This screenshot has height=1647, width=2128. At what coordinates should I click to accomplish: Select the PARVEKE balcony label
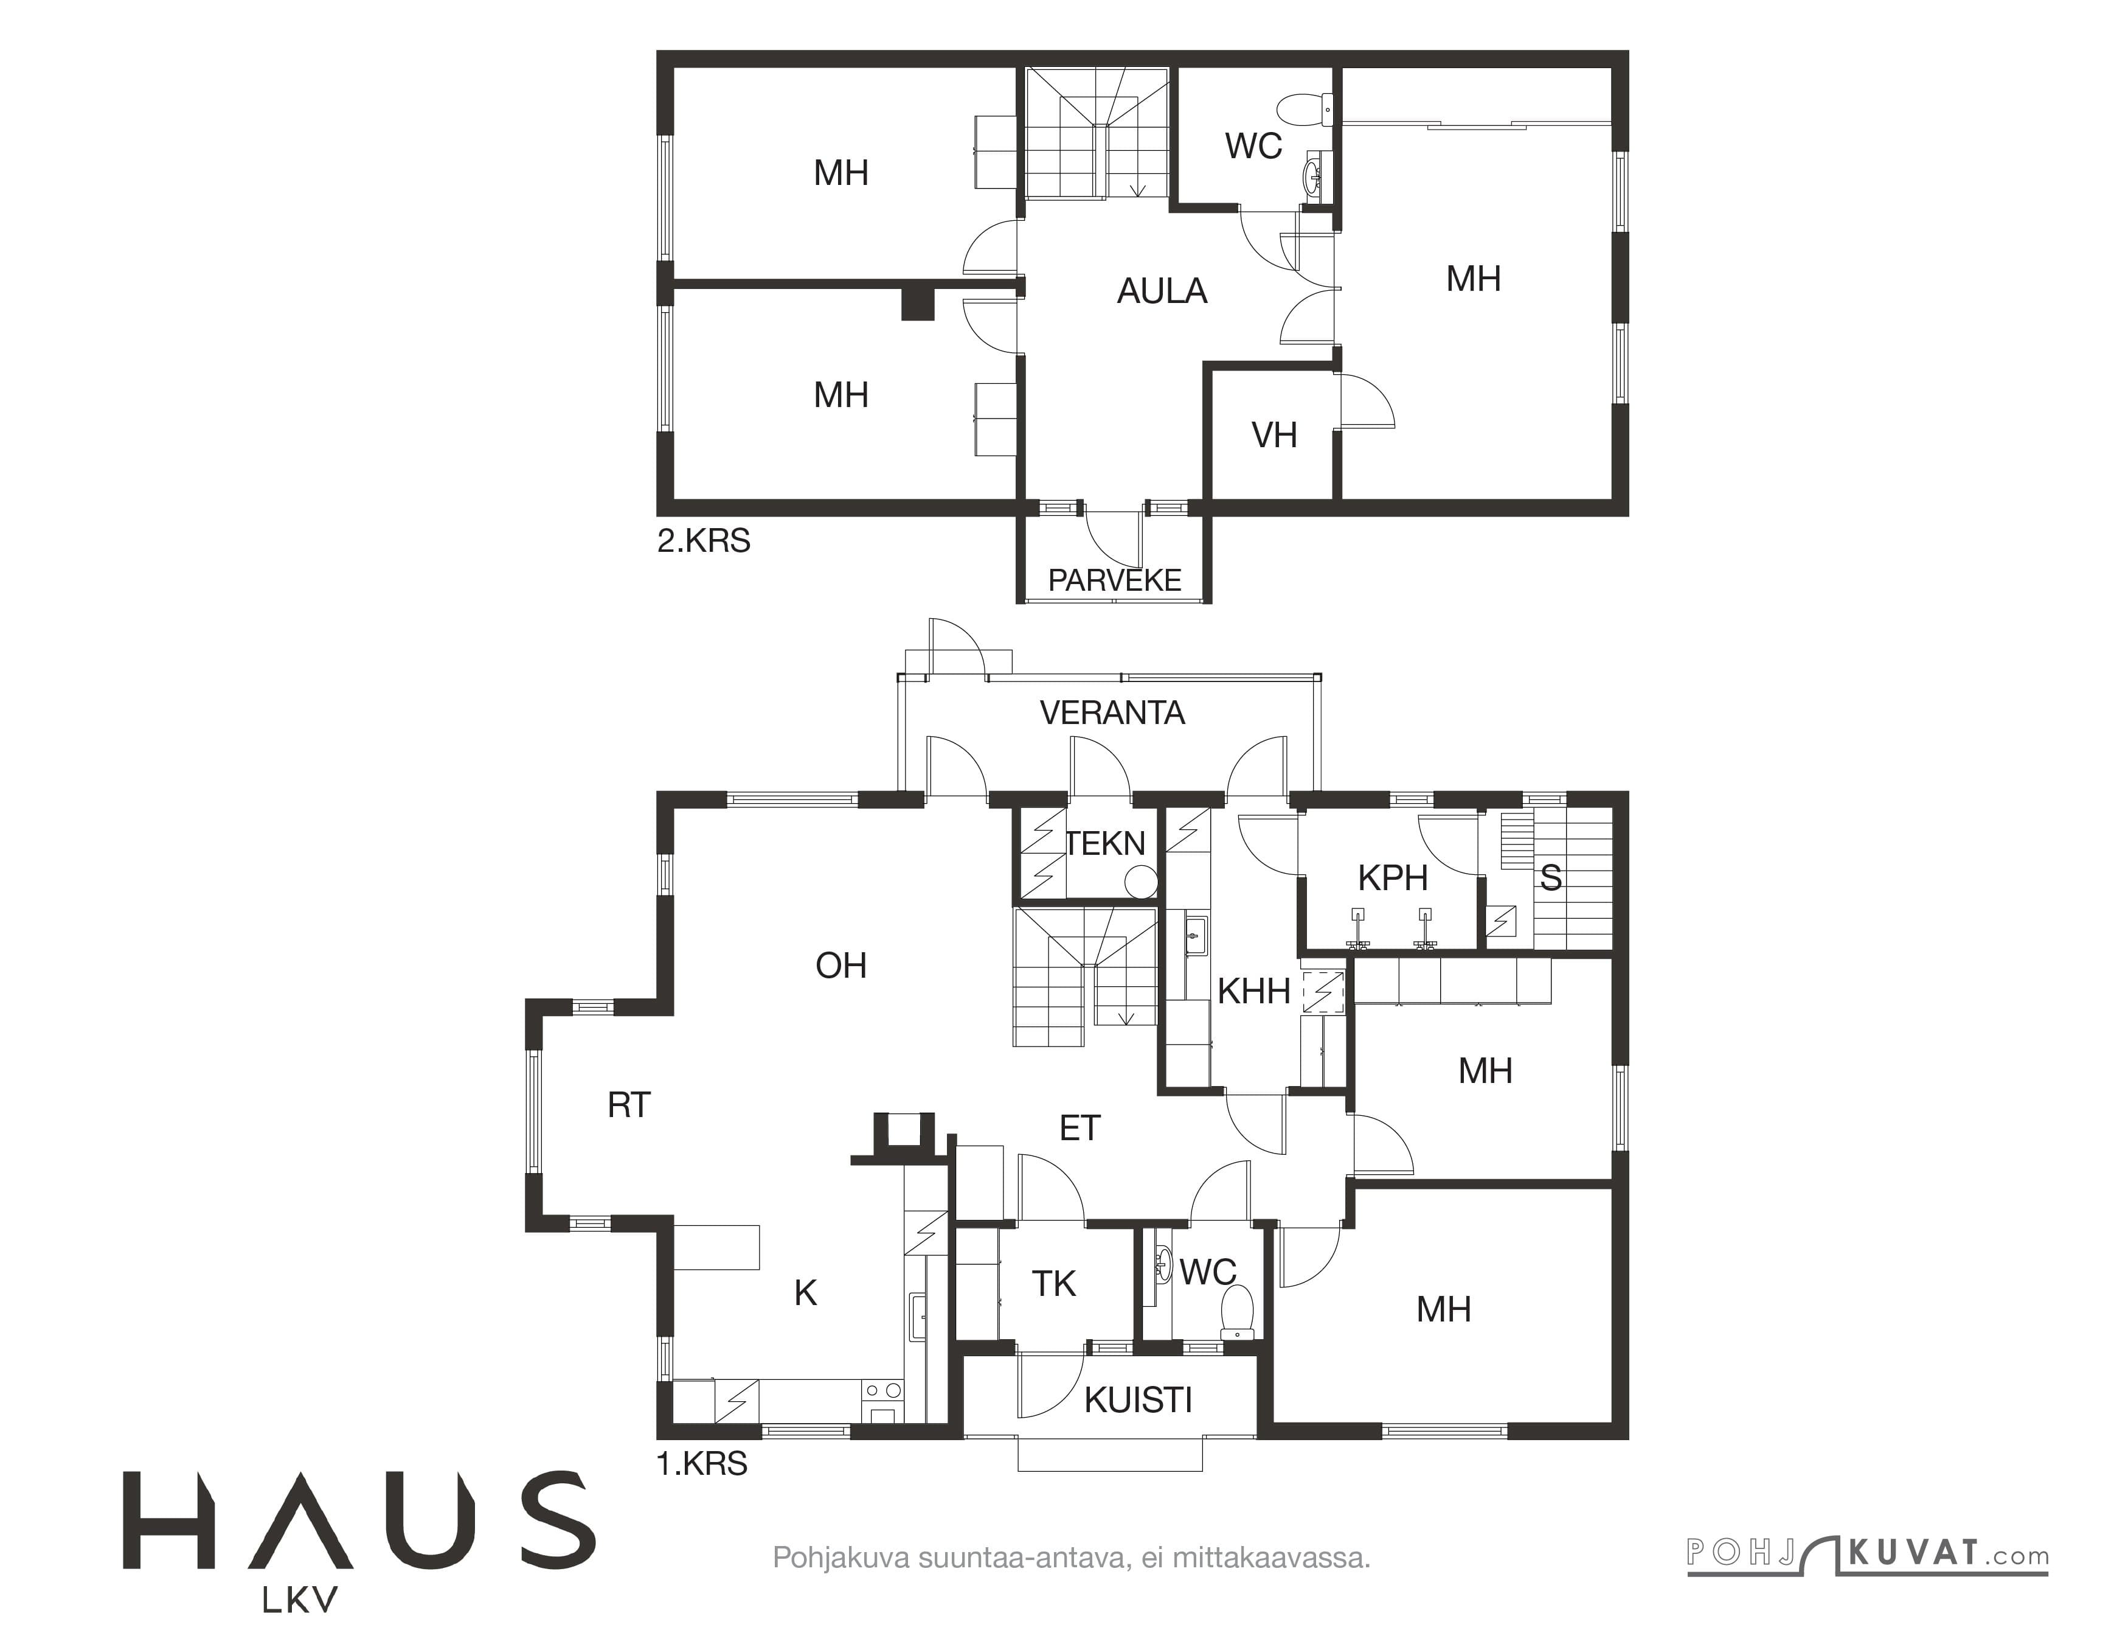pyautogui.click(x=1115, y=581)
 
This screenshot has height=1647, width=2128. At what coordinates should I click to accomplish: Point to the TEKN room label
pyautogui.click(x=1105, y=844)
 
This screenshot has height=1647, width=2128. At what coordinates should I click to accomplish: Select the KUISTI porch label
pyautogui.click(x=1138, y=1401)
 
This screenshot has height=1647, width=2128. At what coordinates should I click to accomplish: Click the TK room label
pyautogui.click(x=1053, y=1284)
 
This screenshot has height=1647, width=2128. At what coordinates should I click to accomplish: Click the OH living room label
pyautogui.click(x=841, y=966)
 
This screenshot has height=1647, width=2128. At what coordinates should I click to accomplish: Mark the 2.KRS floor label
pyautogui.click(x=704, y=541)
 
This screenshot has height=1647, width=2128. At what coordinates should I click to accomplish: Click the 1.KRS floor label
pyautogui.click(x=702, y=1464)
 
